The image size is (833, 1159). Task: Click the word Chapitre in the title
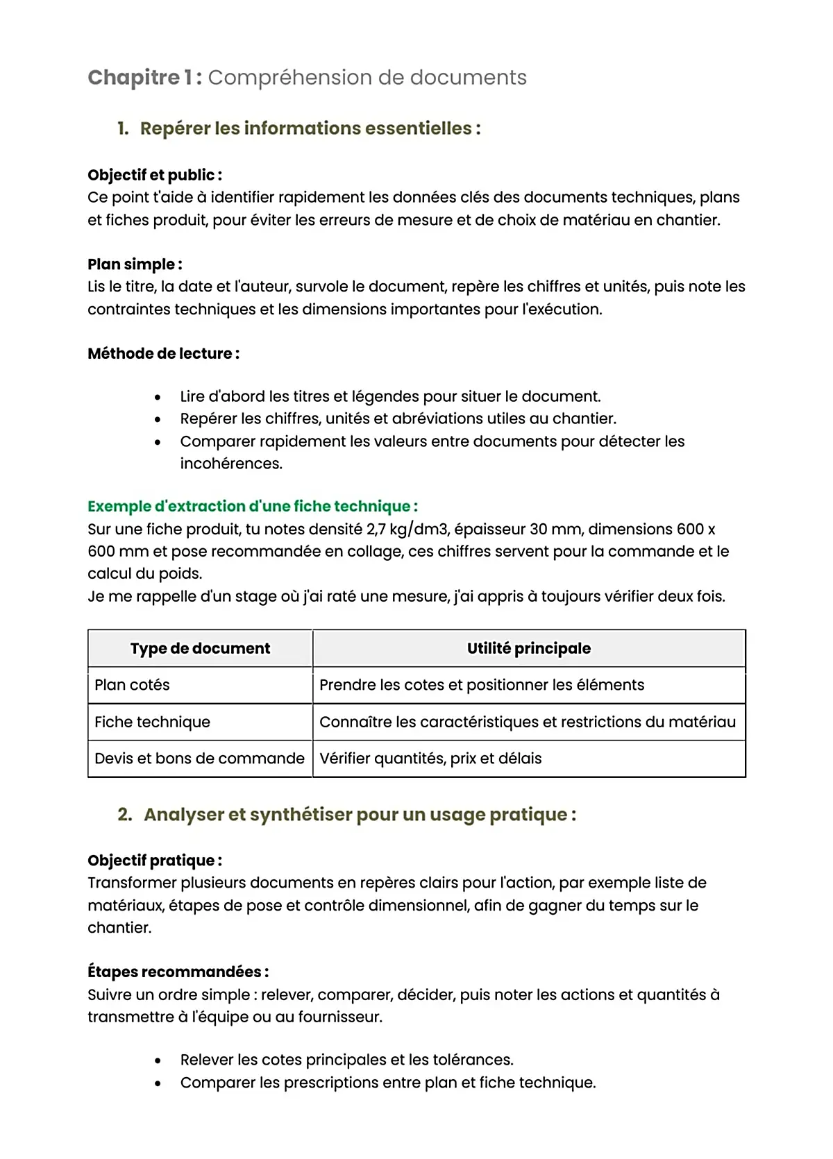pyautogui.click(x=133, y=78)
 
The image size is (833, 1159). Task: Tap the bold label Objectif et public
pyautogui.click(x=154, y=175)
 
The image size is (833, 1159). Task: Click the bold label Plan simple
pyautogui.click(x=135, y=264)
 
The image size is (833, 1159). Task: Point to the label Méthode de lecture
pyautogui.click(x=163, y=353)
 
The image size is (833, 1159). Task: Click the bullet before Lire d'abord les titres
pyautogui.click(x=158, y=397)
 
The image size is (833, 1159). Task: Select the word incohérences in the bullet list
pyautogui.click(x=230, y=464)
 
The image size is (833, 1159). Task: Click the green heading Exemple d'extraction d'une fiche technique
pyautogui.click(x=252, y=507)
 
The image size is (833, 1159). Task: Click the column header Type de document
pyautogui.click(x=200, y=648)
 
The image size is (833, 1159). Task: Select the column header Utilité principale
pyautogui.click(x=528, y=648)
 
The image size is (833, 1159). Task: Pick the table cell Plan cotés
pyautogui.click(x=132, y=685)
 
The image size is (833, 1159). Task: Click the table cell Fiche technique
pyautogui.click(x=152, y=722)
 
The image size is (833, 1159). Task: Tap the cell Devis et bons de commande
pyautogui.click(x=199, y=759)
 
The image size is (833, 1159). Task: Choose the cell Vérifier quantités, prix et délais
pyautogui.click(x=430, y=759)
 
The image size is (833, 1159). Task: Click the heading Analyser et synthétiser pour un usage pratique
pyautogui.click(x=360, y=815)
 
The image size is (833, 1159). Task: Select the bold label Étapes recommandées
pyautogui.click(x=178, y=972)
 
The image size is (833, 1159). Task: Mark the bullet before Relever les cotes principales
pyautogui.click(x=158, y=1060)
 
